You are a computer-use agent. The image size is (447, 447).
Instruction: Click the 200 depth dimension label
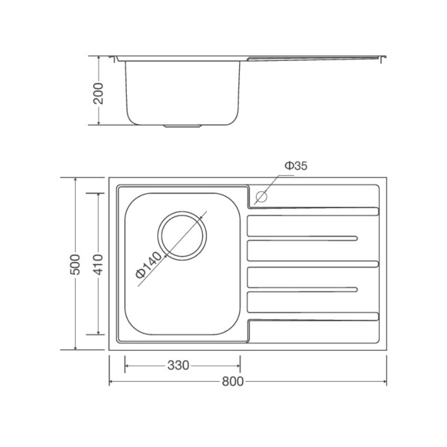click(99, 93)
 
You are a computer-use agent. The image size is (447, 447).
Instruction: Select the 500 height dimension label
click(75, 264)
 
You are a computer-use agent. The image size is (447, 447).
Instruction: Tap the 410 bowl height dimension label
click(98, 264)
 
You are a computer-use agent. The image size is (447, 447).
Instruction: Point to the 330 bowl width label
click(178, 365)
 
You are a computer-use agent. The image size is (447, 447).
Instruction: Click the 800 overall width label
click(233, 382)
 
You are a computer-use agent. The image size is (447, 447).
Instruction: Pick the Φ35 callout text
click(297, 165)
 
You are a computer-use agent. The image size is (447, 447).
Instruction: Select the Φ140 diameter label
click(148, 265)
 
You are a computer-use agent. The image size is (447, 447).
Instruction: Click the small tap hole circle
click(261, 197)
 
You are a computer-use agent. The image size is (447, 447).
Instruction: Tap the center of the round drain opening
click(182, 236)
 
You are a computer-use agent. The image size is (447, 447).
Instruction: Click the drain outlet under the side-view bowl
click(183, 125)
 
